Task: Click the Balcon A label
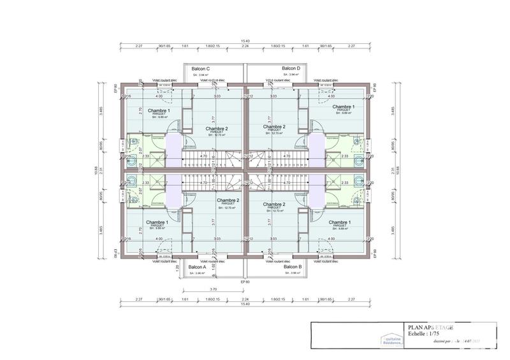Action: (196, 267)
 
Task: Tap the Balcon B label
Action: (293, 267)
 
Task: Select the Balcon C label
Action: (201, 68)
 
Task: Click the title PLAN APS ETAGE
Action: (430, 328)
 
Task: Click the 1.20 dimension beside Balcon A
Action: (177, 268)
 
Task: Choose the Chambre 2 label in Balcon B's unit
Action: (275, 205)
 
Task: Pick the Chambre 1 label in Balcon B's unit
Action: (343, 222)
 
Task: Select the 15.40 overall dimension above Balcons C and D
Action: (245, 41)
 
